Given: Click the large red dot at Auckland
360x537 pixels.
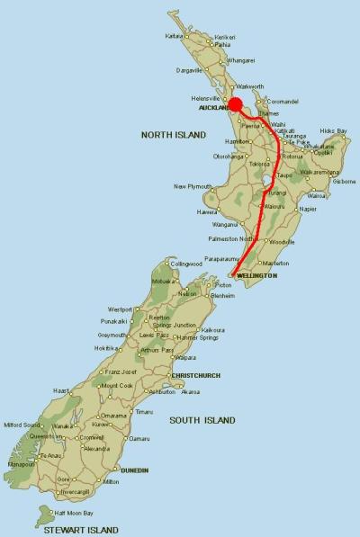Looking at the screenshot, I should tap(235, 104).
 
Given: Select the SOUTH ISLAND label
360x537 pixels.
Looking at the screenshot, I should tap(202, 419).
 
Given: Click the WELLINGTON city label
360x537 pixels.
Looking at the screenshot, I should tap(256, 275).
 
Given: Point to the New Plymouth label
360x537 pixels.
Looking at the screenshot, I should tap(193, 186).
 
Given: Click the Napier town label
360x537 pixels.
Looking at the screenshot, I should tap(308, 209).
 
